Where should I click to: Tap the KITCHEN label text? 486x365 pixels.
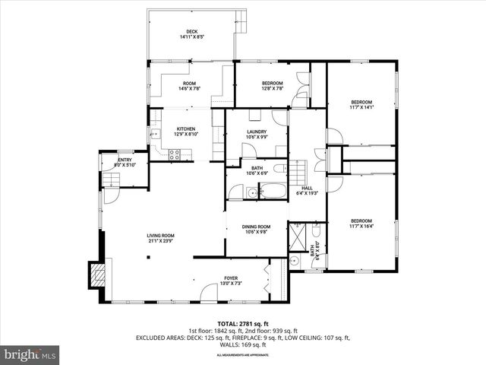186,129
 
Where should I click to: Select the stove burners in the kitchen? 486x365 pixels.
174,154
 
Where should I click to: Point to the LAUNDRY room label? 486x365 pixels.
257,132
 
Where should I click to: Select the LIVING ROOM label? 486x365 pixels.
161,236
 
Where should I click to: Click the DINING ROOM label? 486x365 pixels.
257,227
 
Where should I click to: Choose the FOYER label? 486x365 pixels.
231,278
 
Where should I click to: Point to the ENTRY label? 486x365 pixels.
124,160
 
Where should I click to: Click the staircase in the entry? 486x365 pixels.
111,179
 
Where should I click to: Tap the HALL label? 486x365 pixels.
307,188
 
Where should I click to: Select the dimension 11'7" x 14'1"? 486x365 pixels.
361,107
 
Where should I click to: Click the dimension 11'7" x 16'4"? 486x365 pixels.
361,226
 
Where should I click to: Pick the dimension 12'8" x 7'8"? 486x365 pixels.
273,88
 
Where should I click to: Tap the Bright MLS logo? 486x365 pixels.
30,354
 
